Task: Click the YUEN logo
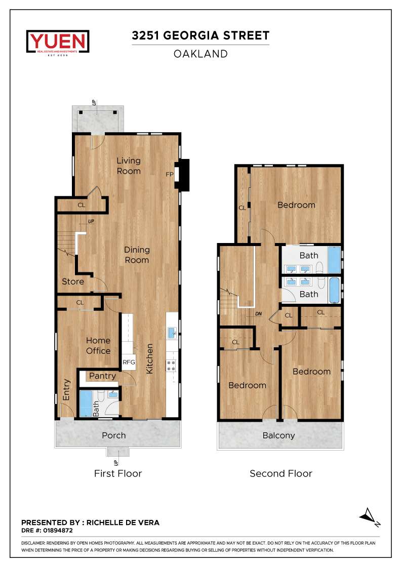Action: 58,42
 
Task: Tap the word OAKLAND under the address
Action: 200,54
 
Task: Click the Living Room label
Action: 129,166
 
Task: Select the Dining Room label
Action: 137,255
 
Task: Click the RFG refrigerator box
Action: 129,362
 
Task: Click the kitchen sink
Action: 172,333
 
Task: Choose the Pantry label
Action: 102,376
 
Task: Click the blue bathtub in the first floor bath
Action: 86,403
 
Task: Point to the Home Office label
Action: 98,346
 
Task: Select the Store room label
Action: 73,281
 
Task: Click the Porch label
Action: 114,435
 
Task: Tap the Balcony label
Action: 279,436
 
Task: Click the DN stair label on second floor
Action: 258,314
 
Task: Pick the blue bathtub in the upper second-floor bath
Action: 334,260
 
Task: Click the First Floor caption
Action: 118,473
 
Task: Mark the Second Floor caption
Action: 281,473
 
